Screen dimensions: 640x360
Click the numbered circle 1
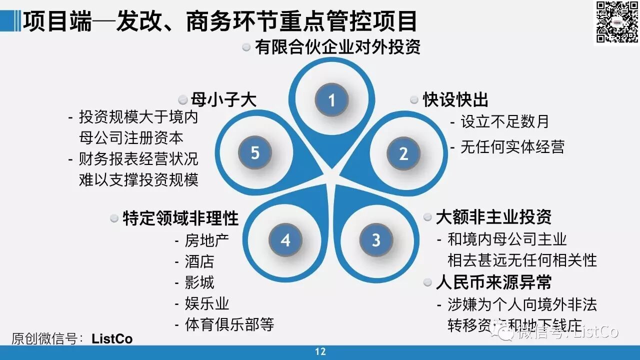pyautogui.click(x=331, y=100)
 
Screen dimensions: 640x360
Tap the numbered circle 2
pyautogui.click(x=403, y=153)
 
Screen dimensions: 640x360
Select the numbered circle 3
pyautogui.click(x=376, y=240)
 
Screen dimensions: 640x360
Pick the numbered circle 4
pyautogui.click(x=285, y=240)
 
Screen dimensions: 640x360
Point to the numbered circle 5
pyautogui.click(x=255, y=152)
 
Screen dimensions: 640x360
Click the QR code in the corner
pyautogui.click(x=616, y=22)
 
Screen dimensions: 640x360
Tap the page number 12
pyautogui.click(x=320, y=351)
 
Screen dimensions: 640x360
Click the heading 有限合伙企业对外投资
pyautogui.click(x=337, y=47)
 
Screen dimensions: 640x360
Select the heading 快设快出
pyautogui.click(x=455, y=99)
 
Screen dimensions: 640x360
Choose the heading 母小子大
pyautogui.click(x=223, y=99)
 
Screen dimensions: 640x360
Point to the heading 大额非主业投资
pyautogui.click(x=493, y=217)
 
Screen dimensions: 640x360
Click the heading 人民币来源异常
pyautogui.click(x=493, y=282)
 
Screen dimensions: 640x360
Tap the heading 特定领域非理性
pyautogui.click(x=180, y=218)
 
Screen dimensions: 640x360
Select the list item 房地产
pyautogui.click(x=206, y=240)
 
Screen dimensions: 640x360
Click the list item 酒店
pyautogui.click(x=199, y=261)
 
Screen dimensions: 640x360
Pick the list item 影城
pyautogui.click(x=199, y=282)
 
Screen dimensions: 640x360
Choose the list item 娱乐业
pyautogui.click(x=206, y=303)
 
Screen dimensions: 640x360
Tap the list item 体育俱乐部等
pyautogui.click(x=229, y=324)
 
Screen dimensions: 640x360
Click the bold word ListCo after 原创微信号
pyautogui.click(x=112, y=339)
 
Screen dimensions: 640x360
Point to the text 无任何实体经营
pyautogui.click(x=512, y=147)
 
